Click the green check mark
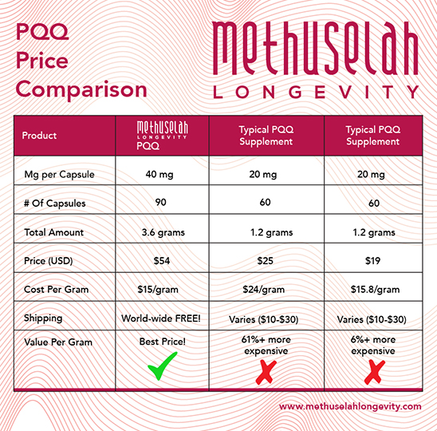pos(163,368)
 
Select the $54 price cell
pos(163,261)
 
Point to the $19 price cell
pos(373,261)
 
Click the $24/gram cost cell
pos(266,289)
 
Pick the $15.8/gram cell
pos(373,289)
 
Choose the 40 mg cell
pos(163,174)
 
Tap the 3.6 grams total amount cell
pos(163,232)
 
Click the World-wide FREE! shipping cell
pos(163,318)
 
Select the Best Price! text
pos(163,342)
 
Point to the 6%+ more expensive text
pos(373,346)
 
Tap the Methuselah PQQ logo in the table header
pos(163,135)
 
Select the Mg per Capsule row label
pos(57,174)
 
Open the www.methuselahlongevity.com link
pos(350,406)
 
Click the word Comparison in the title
pos(81,89)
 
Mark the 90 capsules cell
pos(163,203)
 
